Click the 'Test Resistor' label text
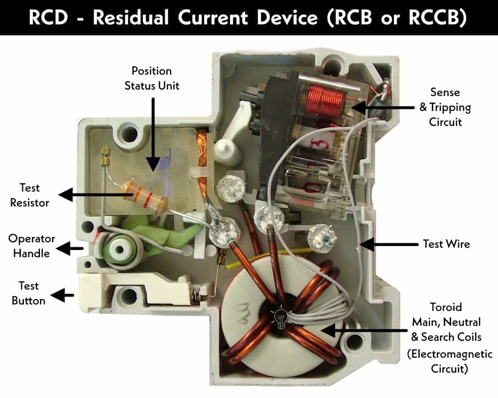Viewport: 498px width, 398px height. [x=29, y=195]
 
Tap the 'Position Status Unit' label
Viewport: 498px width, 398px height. [x=152, y=78]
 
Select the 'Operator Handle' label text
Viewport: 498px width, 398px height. [x=31, y=246]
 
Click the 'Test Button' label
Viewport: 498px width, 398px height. [x=28, y=293]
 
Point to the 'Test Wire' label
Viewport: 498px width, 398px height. [x=446, y=244]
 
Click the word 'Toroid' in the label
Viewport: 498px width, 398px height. [x=446, y=307]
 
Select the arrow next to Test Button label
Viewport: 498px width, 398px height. [x=62, y=296]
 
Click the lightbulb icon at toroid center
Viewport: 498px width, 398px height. [x=280, y=317]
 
